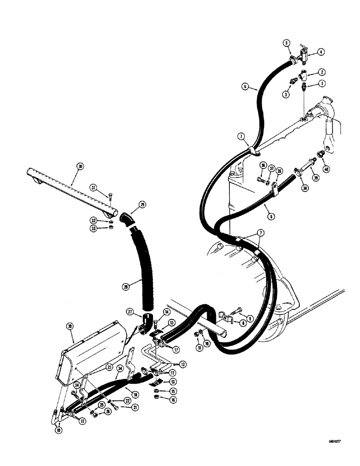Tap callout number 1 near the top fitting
tap(322, 84)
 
